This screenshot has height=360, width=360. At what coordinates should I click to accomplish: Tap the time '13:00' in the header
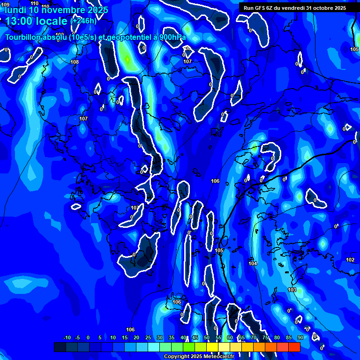coord(21,21)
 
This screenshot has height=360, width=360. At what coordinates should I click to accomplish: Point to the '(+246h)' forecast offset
coord(83,21)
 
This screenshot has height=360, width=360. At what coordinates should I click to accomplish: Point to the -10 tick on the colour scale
coord(67,337)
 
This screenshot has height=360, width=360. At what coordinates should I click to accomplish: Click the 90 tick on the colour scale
coord(300,337)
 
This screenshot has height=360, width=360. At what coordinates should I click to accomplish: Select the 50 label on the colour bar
coord(206,337)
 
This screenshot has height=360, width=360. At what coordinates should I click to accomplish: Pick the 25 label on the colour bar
coord(148,337)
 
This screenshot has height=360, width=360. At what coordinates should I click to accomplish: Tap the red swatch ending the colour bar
coord(294,347)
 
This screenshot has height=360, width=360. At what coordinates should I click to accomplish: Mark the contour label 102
coord(350,260)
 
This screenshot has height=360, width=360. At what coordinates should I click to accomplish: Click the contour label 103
coord(292,290)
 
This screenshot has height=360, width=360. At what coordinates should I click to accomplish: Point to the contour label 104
coord(253,264)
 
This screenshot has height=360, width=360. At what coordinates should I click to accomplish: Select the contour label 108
coord(75,62)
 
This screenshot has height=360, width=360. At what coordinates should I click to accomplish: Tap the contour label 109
coord(5,5)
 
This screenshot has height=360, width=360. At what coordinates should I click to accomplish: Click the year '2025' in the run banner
coord(337,8)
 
